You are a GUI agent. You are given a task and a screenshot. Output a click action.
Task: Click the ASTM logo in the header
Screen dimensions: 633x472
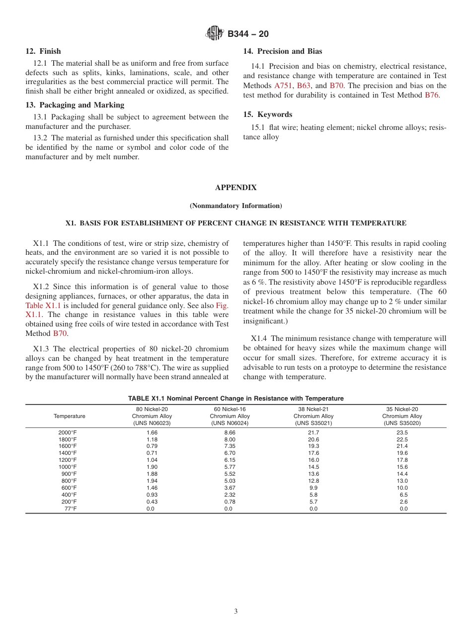[x=215, y=34]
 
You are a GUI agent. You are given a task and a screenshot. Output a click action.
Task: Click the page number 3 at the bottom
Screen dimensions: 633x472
[x=236, y=611]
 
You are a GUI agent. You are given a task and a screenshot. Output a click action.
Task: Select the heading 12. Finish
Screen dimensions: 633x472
[x=43, y=51]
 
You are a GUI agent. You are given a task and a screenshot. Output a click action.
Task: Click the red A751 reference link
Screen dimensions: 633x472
[x=284, y=86]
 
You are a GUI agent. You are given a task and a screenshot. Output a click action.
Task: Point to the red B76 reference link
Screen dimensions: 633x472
[x=432, y=95]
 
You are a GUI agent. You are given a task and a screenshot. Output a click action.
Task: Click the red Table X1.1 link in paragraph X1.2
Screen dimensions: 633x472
[x=43, y=306]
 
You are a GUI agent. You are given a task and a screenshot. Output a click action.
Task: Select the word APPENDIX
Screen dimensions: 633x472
[x=236, y=188]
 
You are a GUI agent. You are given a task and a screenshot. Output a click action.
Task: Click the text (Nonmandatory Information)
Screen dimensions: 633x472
[x=236, y=206]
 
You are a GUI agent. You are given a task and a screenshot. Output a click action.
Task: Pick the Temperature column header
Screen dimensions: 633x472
[x=70, y=416]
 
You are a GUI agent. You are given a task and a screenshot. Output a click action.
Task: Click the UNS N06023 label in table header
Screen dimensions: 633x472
[x=152, y=423]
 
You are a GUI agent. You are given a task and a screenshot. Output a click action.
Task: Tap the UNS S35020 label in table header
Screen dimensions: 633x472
[x=402, y=423]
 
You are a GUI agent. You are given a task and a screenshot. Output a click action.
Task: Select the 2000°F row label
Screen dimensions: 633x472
[x=68, y=433]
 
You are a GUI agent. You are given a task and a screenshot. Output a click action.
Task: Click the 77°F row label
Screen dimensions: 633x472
[x=70, y=509]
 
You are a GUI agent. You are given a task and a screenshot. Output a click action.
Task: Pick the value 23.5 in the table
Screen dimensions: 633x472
[x=402, y=433]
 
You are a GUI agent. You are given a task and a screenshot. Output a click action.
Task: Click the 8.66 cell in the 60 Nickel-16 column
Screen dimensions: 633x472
[x=230, y=433]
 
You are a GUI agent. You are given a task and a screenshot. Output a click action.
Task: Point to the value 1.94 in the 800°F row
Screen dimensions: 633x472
[x=152, y=481]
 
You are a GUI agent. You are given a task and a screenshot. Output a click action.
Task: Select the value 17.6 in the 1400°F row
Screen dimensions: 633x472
[x=314, y=453]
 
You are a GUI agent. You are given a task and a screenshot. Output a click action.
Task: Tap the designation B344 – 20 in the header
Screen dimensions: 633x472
[x=248, y=34]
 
